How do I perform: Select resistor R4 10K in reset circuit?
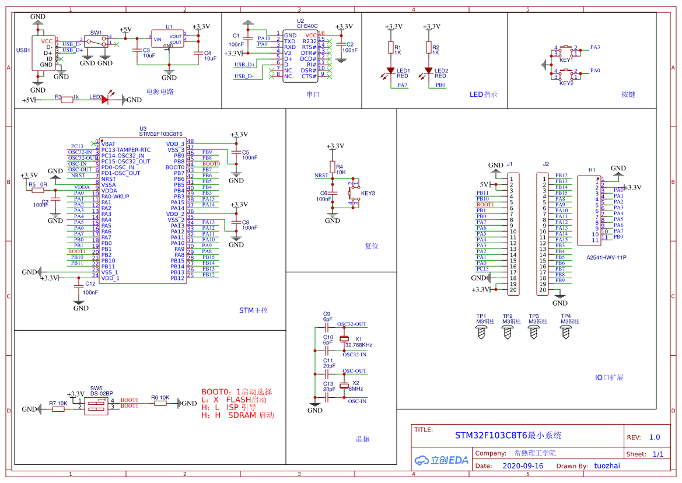(332, 167)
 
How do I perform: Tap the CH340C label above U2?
(307, 26)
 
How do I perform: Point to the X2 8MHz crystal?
(344, 386)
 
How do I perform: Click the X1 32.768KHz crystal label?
(358, 345)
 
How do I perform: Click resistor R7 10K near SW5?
(58, 409)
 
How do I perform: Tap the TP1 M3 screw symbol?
(481, 332)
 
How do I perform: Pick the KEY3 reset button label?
(368, 193)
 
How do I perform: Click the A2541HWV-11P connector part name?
(606, 257)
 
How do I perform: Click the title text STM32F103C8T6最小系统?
(508, 436)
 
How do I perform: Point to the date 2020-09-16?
(523, 466)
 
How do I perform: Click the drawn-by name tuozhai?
(607, 466)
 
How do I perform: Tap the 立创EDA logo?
(442, 460)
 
